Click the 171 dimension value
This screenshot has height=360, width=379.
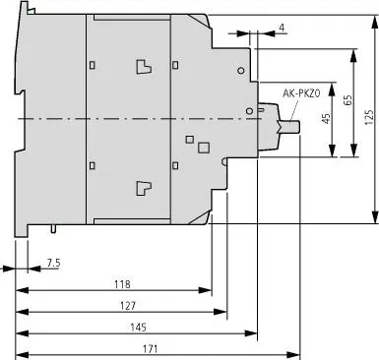point(150,348)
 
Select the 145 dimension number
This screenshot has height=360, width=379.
point(138,328)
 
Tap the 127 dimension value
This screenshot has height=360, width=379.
point(128,306)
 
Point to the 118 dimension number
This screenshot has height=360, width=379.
point(122,284)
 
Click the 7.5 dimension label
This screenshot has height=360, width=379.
point(54,263)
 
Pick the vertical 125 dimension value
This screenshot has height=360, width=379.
point(369,117)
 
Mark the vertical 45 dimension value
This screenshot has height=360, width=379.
point(326,119)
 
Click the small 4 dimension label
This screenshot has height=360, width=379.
point(282,28)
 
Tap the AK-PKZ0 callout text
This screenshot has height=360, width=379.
point(301,93)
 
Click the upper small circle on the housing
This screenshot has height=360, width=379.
point(241,71)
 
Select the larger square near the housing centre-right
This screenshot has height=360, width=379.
point(204,148)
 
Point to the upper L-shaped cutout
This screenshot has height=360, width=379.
point(144,67)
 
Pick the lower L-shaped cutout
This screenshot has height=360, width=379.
point(144,189)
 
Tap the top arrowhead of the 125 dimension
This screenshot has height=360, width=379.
point(374,23)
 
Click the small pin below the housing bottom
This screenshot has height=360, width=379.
point(53,228)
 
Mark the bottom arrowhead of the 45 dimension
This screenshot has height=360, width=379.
point(333,150)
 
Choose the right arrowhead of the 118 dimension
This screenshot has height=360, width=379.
point(205,290)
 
